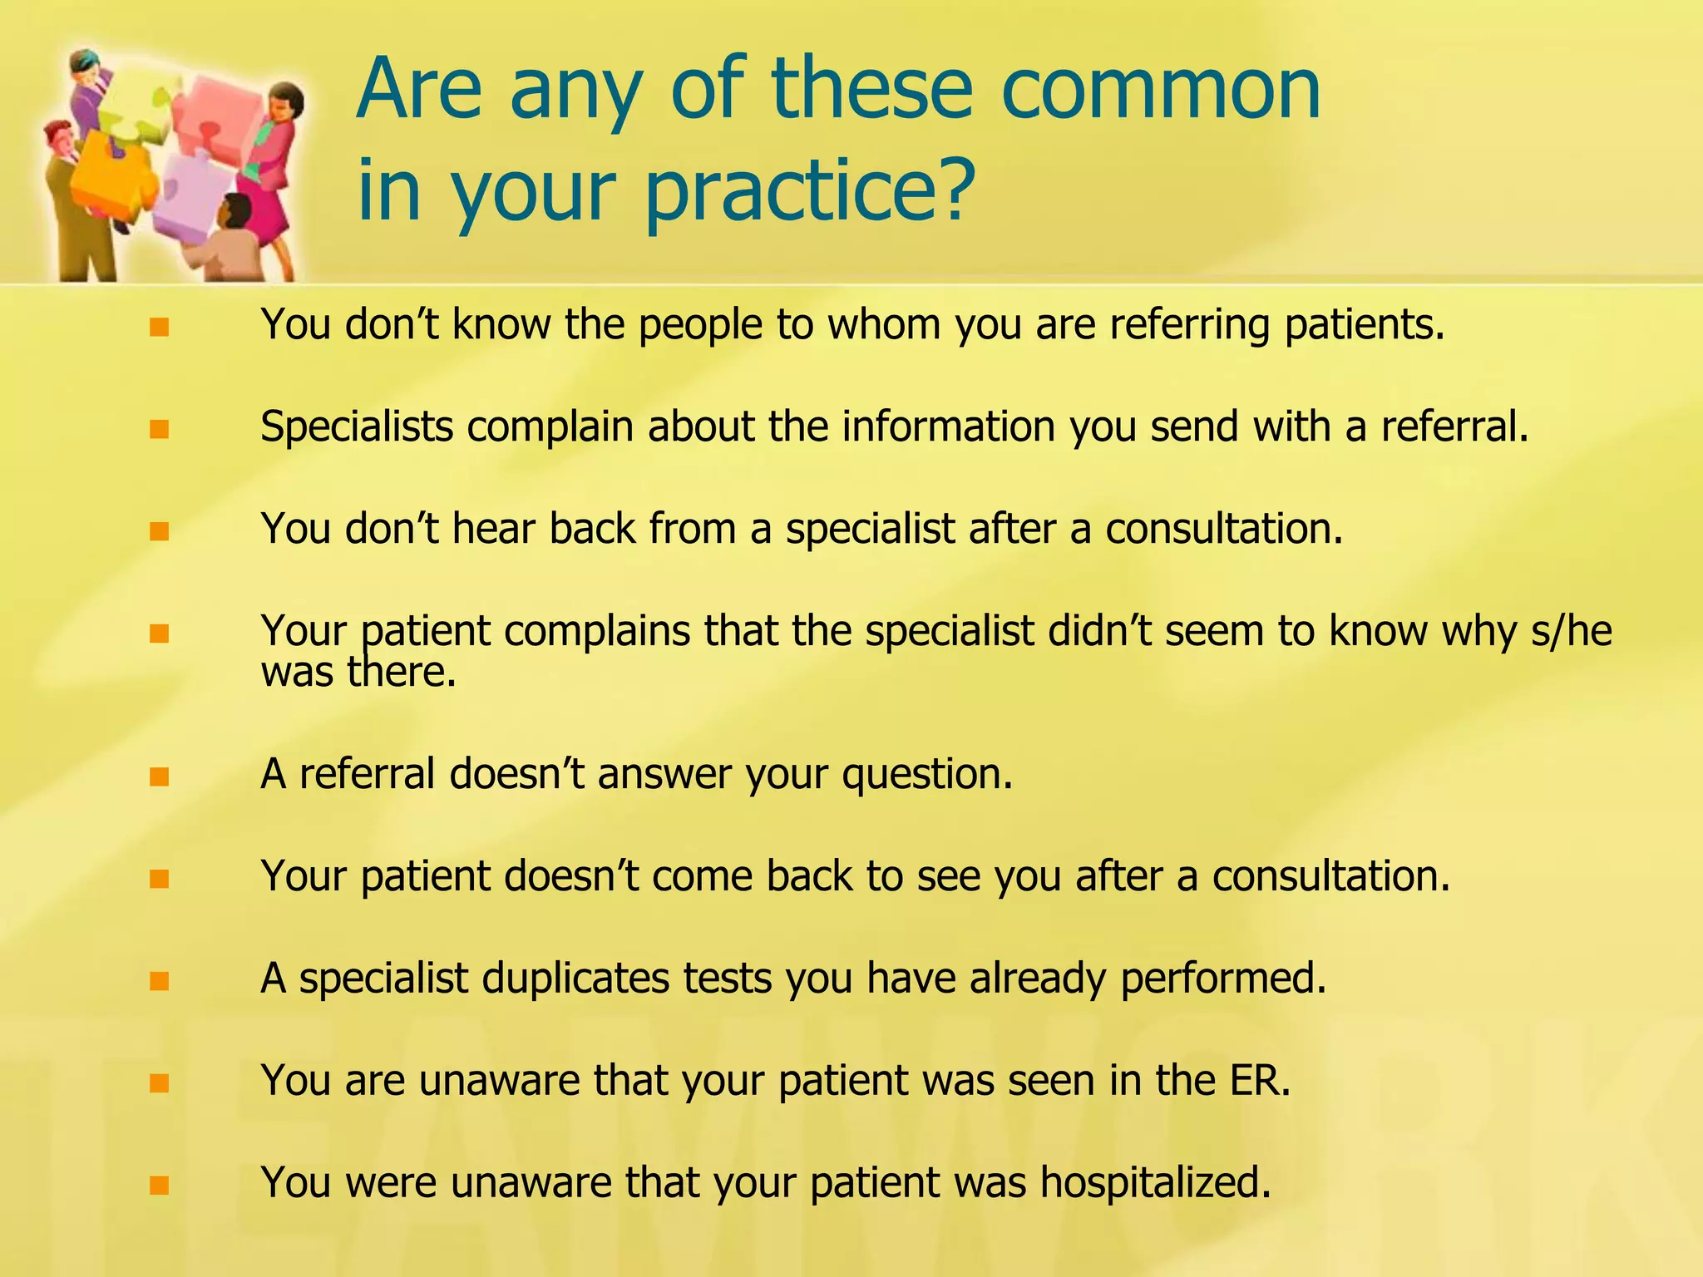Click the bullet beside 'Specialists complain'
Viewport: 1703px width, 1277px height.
click(160, 429)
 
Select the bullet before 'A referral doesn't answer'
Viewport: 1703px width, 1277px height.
click(160, 777)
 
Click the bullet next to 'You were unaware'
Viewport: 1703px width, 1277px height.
click(160, 1185)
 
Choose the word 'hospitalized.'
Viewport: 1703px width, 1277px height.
click(1155, 1183)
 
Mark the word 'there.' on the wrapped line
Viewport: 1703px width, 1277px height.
click(402, 672)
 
